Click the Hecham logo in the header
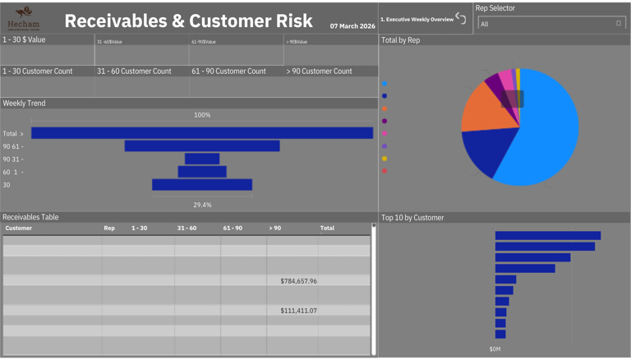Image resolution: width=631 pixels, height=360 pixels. [23, 18]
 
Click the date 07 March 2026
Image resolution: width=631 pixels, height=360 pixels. [352, 26]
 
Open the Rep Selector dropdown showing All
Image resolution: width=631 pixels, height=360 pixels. [551, 24]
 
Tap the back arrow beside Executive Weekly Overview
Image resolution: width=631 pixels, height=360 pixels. [461, 18]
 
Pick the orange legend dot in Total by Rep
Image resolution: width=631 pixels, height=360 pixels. [385, 108]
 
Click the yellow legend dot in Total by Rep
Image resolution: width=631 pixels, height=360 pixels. [385, 159]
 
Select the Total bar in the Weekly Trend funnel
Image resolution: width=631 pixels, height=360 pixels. [202, 133]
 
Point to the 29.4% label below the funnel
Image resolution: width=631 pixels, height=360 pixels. [202, 205]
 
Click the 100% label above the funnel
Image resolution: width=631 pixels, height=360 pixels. [202, 115]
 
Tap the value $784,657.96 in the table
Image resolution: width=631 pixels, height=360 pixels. [298, 281]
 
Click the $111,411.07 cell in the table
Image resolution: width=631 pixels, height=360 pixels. [298, 311]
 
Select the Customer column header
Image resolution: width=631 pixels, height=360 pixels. [19, 228]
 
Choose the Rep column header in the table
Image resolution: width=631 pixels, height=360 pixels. [109, 228]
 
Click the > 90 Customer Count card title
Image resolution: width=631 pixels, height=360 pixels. [319, 72]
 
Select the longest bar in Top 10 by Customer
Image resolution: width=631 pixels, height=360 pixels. [548, 236]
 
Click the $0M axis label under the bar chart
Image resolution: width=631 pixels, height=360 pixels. [495, 349]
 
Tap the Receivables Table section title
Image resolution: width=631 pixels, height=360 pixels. [30, 218]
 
